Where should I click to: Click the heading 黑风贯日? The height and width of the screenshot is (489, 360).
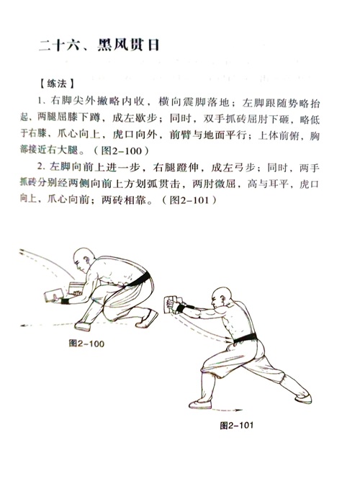tap(128, 45)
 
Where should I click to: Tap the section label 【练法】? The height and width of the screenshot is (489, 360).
tap(56, 84)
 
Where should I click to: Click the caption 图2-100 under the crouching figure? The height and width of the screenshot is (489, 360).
tap(86, 344)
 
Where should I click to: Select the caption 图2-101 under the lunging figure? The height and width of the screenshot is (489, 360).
tap(237, 426)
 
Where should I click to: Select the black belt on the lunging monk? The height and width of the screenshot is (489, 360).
tap(246, 338)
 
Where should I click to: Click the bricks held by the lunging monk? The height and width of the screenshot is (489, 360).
tap(172, 304)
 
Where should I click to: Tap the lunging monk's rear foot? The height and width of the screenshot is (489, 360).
tap(302, 399)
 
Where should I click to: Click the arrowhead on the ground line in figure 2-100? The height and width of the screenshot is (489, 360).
tap(22, 326)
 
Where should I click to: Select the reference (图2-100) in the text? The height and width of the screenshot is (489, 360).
tap(121, 151)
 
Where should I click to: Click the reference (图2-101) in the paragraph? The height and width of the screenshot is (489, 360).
tap(189, 199)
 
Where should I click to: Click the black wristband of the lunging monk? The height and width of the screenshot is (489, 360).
tap(180, 308)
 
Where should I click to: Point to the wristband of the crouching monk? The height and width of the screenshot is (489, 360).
tap(65, 301)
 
